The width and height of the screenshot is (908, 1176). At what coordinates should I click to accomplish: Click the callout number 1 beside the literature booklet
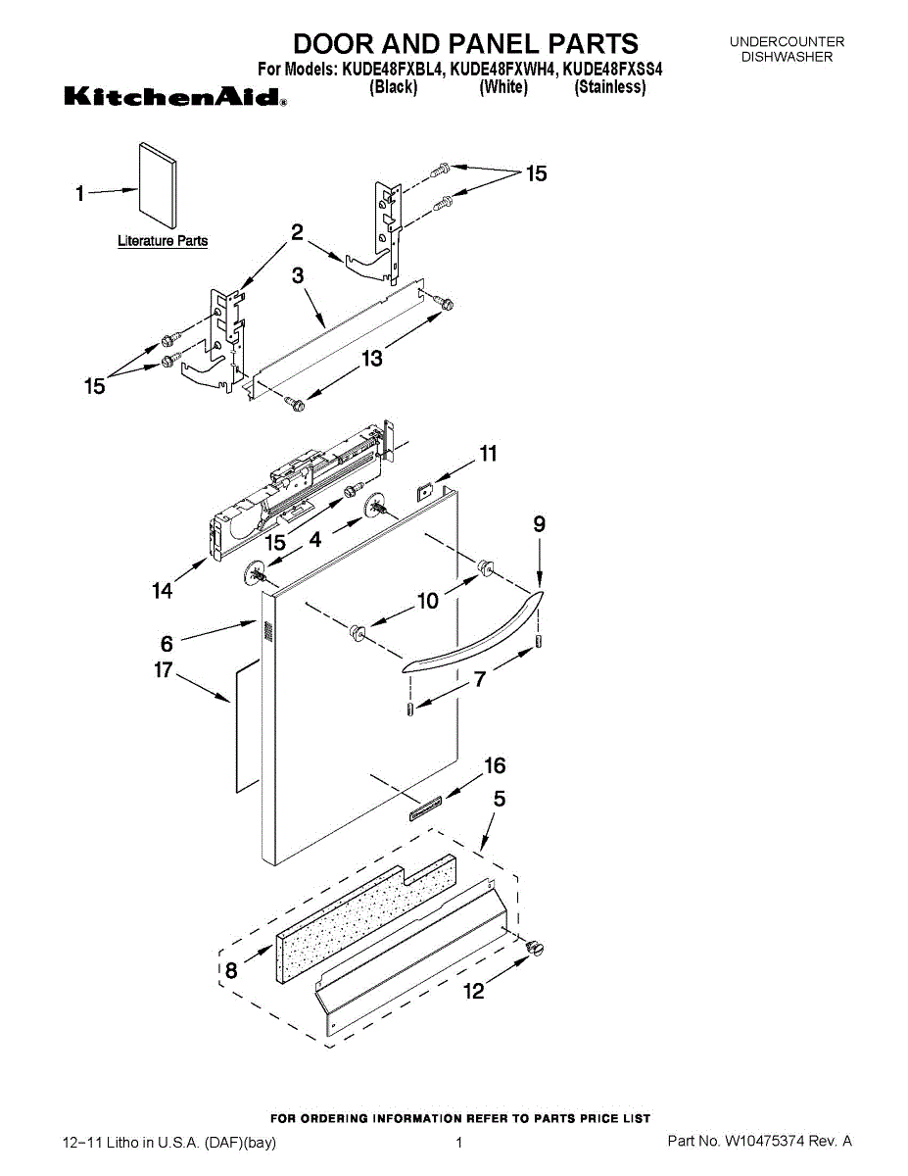pos(81,194)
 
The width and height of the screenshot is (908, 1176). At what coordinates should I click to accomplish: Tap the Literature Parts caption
pos(163,241)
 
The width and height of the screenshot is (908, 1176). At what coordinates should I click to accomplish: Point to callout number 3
pos(299,277)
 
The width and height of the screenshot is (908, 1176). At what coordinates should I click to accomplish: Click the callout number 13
pos(372,360)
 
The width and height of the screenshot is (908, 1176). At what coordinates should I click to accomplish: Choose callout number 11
pos(487,454)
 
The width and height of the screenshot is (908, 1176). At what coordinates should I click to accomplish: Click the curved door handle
pos(473,636)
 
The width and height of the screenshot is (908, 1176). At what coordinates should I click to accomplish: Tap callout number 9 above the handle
pos(540,524)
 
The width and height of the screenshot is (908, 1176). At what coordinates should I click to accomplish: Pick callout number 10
pos(428,602)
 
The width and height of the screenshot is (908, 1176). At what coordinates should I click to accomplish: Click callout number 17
pos(163,670)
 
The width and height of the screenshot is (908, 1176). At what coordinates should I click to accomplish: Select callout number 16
pos(496,765)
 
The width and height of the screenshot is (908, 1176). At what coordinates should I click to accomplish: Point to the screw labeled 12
pos(535,947)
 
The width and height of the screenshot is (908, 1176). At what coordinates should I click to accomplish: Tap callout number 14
pos(162,590)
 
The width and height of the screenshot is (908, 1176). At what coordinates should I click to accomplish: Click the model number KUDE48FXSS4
pos(608,71)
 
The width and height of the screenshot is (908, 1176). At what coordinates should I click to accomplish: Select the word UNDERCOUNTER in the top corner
pos(787,42)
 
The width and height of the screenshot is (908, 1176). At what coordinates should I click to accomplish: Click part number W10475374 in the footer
pos(765,1142)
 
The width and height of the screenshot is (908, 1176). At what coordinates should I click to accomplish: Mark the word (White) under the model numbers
pos(503,87)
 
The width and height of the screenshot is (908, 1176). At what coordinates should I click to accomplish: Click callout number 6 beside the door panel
pos(167,643)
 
